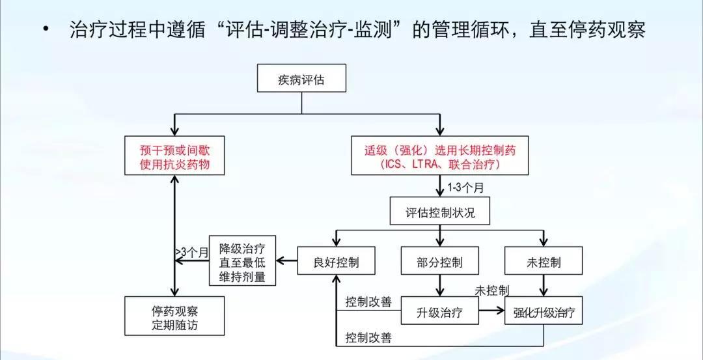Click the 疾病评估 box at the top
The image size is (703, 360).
point(301,80)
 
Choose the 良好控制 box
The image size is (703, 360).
point(336,262)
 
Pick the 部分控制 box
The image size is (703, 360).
point(440,262)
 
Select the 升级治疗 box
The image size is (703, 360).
point(440,312)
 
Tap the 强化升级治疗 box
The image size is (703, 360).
point(544,312)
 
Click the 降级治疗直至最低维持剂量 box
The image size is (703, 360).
point(242,262)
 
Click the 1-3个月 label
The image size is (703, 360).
point(465,187)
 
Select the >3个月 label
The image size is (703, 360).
point(191,251)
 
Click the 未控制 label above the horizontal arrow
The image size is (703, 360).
point(492,290)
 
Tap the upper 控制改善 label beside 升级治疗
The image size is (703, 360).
point(368,302)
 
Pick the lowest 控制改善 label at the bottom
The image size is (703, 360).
point(368,337)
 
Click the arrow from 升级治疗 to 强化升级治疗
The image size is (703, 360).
point(492,312)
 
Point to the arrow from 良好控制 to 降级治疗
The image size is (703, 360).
point(286,262)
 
